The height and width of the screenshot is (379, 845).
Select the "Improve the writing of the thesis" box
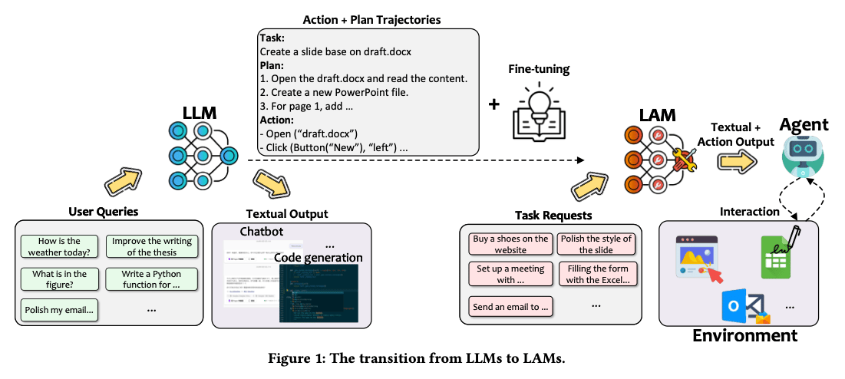[x=151, y=246]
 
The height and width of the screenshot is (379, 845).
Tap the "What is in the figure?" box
[x=60, y=279]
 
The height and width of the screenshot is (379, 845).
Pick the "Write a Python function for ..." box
[x=151, y=279]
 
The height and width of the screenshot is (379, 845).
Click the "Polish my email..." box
[x=60, y=310]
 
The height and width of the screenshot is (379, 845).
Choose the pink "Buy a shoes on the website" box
[x=510, y=244]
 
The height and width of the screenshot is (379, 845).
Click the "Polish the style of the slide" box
[x=596, y=244]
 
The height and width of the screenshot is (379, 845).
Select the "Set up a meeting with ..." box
[x=510, y=274]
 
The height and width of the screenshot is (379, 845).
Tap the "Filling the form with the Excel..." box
[x=597, y=274]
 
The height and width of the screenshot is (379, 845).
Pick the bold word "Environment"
[x=744, y=336]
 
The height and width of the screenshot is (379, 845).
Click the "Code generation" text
[x=318, y=258]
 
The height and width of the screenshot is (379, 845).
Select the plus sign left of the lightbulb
[x=495, y=103]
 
